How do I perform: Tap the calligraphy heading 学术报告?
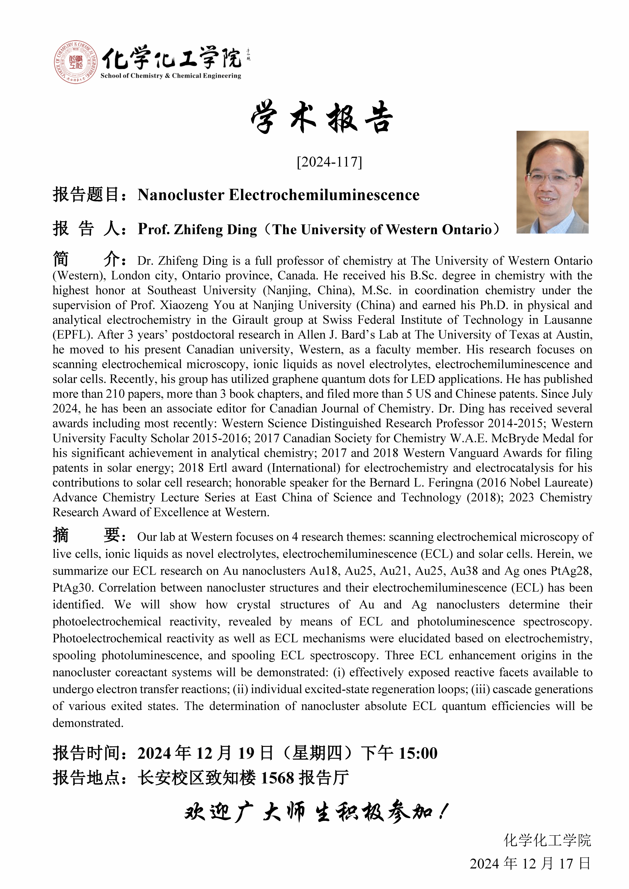click(322, 117)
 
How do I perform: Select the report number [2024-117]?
click(329, 162)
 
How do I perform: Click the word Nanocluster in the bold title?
click(181, 195)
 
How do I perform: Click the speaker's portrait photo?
click(552, 182)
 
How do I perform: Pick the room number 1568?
click(277, 778)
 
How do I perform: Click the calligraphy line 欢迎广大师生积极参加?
click(316, 812)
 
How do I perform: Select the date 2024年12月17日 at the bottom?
click(530, 864)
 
